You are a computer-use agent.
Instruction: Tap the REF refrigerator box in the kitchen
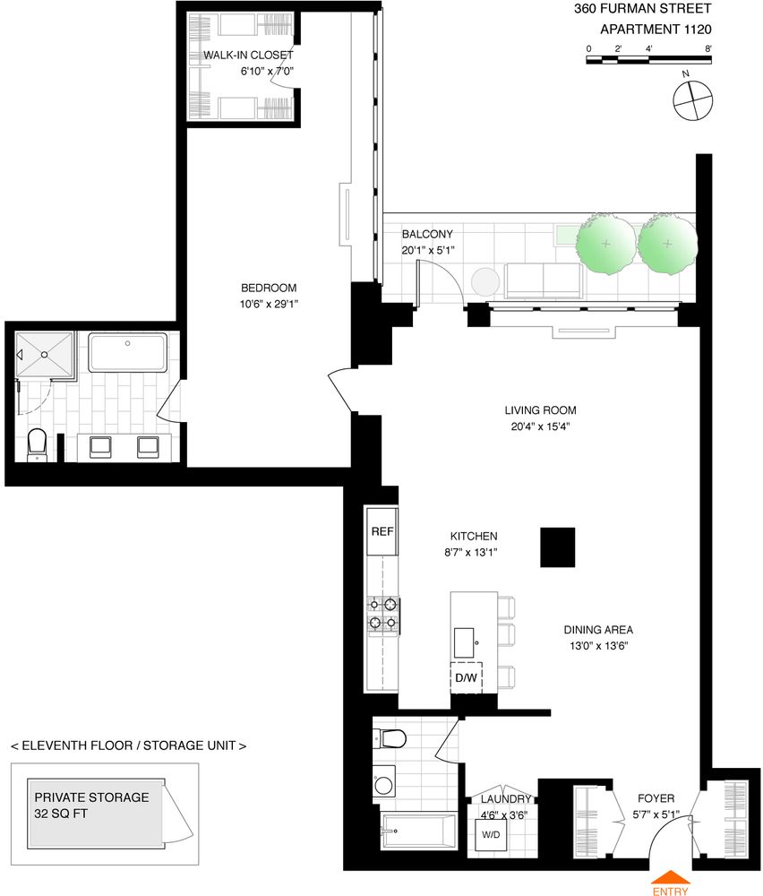coord(381,531)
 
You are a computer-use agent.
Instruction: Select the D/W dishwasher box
coord(466,677)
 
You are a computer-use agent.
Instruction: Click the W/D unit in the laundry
coord(491,835)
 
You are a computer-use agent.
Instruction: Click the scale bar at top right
coord(648,60)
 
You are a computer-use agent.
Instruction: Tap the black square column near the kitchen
coord(557,547)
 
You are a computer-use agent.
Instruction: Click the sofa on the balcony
coord(541,280)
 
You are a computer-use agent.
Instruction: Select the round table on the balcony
coord(484,281)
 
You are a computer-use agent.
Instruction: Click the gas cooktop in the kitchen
coord(381,614)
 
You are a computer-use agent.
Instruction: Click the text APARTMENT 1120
coord(655,29)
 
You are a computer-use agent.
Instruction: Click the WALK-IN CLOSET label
coord(248,55)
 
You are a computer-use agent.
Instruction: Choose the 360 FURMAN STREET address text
coord(642,9)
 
